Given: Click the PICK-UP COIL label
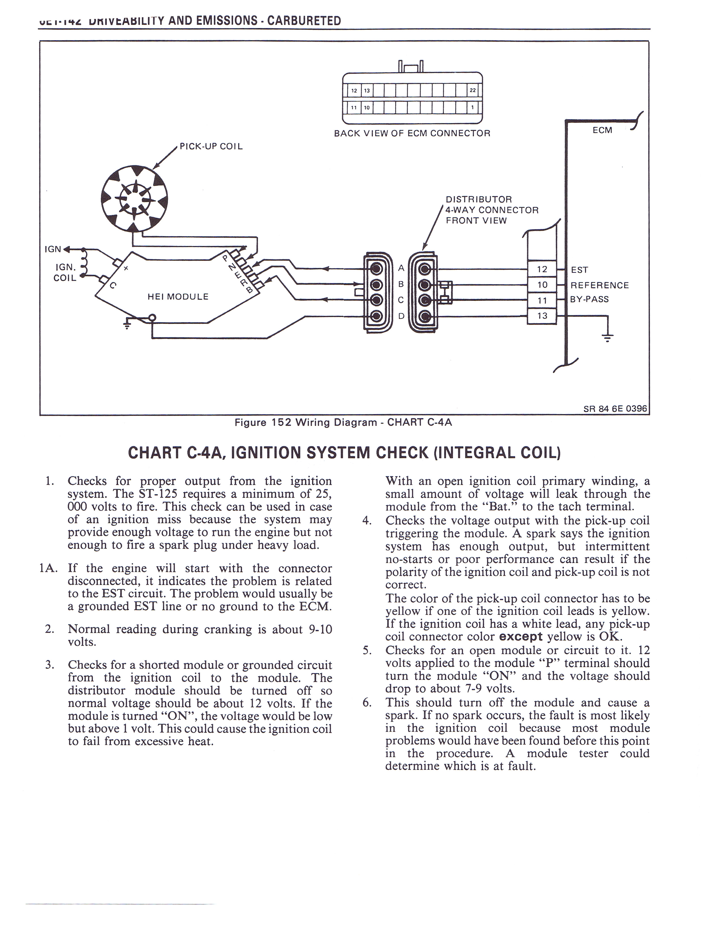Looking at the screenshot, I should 211,146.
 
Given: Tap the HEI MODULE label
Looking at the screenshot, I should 178,296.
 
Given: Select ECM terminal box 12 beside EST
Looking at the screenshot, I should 542,269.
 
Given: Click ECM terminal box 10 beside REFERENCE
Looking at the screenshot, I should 542,285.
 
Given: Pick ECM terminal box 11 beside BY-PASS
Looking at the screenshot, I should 542,300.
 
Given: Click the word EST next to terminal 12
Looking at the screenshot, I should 580,270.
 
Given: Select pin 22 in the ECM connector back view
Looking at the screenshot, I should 473,91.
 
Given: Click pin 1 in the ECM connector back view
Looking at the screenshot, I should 473,107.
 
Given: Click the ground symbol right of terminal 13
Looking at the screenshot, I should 607,337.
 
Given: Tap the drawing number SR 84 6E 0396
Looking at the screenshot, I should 615,408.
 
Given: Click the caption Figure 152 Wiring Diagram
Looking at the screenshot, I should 343,423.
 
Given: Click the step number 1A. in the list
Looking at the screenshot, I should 48,568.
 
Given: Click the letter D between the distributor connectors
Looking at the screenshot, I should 401,316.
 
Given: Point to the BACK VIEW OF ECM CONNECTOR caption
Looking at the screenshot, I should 412,133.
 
